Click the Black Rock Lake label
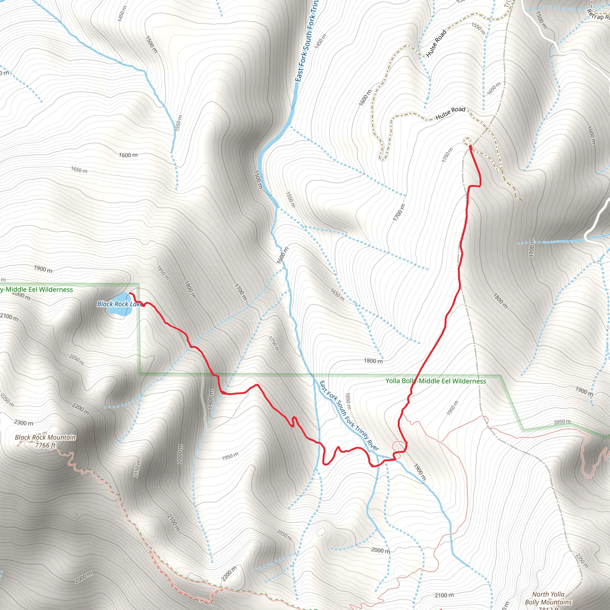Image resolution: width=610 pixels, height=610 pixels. click(x=119, y=304)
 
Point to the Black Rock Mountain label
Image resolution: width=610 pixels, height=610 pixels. click(x=45, y=437)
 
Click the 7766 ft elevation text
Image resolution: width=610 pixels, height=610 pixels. click(x=45, y=445)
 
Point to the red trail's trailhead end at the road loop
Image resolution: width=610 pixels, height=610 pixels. click(x=470, y=147)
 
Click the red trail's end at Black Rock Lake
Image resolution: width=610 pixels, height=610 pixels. click(x=130, y=293)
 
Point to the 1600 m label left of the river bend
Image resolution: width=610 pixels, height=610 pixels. click(x=128, y=155)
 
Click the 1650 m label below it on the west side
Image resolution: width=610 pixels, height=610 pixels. click(x=79, y=170)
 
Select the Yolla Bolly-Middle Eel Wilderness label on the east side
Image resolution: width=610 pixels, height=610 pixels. click(x=436, y=381)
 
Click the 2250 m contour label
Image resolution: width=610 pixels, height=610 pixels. click(x=7, y=400)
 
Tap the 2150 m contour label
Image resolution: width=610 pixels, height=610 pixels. click(x=138, y=469)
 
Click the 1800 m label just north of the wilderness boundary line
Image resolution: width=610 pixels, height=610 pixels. click(x=373, y=361)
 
